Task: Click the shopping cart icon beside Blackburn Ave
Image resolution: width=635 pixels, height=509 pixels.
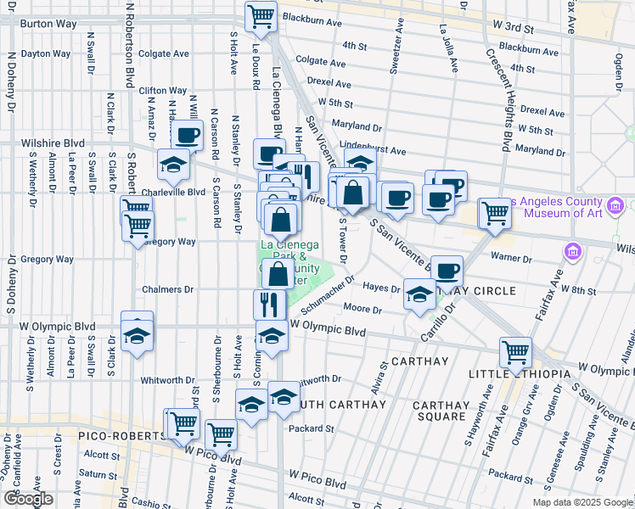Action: tap(261, 15)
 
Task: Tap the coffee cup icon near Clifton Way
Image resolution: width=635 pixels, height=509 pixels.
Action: tap(187, 134)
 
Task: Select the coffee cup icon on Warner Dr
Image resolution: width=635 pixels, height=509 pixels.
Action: tap(447, 271)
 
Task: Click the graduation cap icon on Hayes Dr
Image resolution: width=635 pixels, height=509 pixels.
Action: tap(419, 294)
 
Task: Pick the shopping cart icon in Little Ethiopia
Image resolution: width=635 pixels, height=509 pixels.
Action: tap(515, 352)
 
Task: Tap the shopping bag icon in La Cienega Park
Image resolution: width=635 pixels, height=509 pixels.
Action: tap(278, 273)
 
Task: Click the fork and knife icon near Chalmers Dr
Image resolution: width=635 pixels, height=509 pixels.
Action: tap(269, 304)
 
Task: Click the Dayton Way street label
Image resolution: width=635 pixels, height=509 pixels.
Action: tap(46, 53)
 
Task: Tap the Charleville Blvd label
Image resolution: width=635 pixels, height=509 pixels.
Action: tap(174, 192)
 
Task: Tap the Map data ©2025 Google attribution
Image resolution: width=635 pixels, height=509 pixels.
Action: tap(582, 502)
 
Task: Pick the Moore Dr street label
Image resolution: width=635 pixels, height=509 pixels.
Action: tap(362, 310)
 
